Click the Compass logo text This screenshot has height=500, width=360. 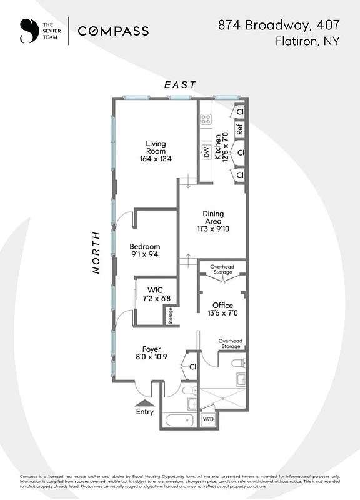pos(112,31)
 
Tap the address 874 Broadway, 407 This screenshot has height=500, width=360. pos(279,26)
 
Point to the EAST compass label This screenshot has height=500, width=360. pos(180,84)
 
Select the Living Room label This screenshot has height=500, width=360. pos(156,147)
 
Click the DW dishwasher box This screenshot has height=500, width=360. pos(205,152)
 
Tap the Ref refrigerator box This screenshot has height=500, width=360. pos(239,129)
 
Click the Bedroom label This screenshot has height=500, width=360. pos(145,247)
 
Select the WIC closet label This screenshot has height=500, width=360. pos(155,290)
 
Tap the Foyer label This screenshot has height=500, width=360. pos(151,349)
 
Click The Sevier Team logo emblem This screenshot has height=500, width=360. pos(28,31)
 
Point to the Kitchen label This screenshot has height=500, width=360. pos(218,148)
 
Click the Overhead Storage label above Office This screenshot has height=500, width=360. pos(222,269)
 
